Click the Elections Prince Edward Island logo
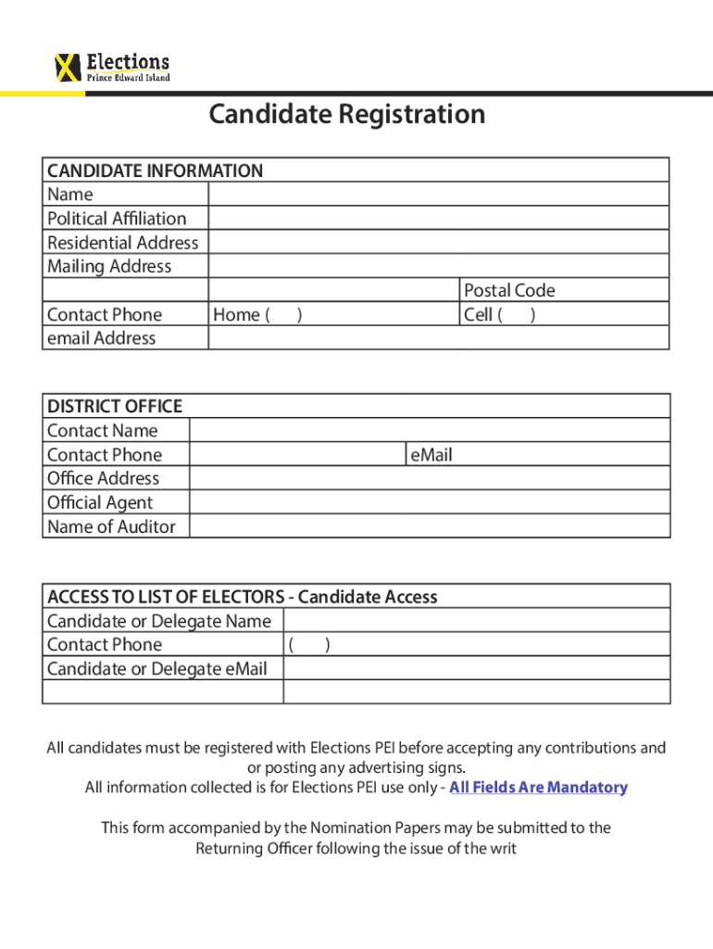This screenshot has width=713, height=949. pyautogui.click(x=113, y=67)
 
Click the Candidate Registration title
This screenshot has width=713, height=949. pyautogui.click(x=346, y=114)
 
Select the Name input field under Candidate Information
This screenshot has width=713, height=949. pyautogui.click(x=438, y=194)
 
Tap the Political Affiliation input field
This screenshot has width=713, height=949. pyautogui.click(x=438, y=218)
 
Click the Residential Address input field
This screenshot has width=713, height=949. pyautogui.click(x=438, y=242)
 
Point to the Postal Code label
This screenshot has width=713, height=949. pyautogui.click(x=509, y=290)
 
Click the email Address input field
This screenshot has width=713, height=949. pyautogui.click(x=438, y=338)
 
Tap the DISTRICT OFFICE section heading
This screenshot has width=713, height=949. pyautogui.click(x=115, y=406)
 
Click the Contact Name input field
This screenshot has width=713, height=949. pyautogui.click(x=430, y=430)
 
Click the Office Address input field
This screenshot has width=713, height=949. pyautogui.click(x=430, y=478)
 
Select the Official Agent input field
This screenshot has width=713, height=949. pyautogui.click(x=430, y=502)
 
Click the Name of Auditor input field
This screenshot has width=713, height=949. pyautogui.click(x=430, y=526)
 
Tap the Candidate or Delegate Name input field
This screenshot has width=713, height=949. pyautogui.click(x=476, y=621)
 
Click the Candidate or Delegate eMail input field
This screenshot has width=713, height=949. pyautogui.click(x=476, y=668)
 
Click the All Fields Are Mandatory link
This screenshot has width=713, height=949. pyautogui.click(x=538, y=787)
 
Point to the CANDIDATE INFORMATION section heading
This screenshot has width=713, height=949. pyautogui.click(x=155, y=171)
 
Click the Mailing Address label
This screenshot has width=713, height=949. pyautogui.click(x=109, y=266)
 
